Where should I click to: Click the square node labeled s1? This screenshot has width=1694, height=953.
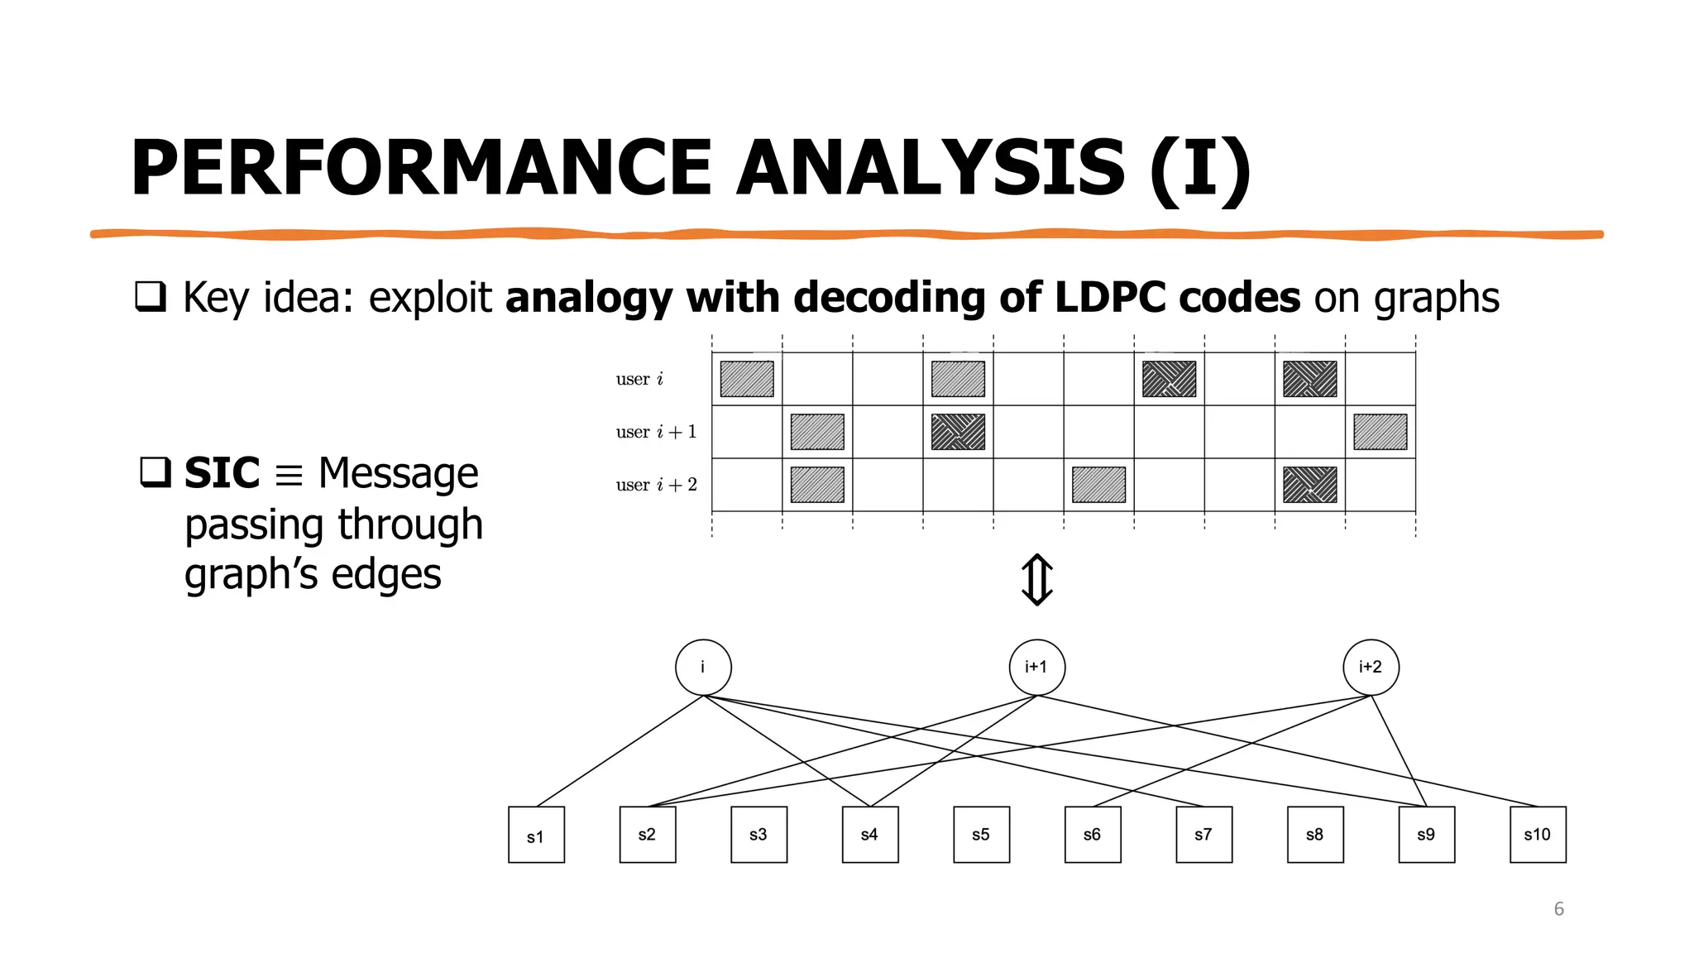click(536, 835)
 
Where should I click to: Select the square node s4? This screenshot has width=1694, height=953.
click(870, 835)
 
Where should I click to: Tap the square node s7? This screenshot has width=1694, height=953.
click(1204, 835)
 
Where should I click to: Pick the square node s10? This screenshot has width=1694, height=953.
click(1538, 835)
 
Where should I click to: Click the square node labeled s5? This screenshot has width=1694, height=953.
click(981, 835)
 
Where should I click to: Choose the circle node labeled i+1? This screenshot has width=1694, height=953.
click(1036, 667)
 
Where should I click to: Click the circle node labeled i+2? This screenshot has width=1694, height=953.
click(1371, 667)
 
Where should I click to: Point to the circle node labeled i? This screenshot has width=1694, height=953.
click(703, 667)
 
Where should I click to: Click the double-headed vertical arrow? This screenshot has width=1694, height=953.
click(1036, 580)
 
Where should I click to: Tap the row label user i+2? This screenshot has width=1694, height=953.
click(656, 485)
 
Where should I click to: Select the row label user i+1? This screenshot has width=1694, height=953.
click(656, 432)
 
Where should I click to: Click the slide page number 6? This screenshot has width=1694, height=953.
click(1558, 909)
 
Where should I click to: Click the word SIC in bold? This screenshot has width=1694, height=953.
click(222, 473)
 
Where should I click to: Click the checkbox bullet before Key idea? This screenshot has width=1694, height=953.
click(150, 296)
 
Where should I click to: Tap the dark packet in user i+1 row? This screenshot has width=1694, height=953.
click(958, 432)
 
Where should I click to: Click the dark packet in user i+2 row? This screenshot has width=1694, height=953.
click(1309, 485)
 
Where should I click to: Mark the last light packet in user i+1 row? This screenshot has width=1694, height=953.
click(1380, 432)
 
